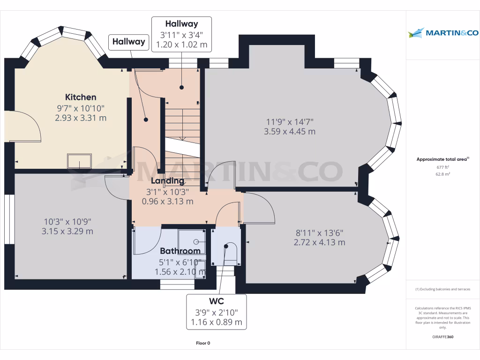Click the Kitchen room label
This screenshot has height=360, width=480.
pyautogui.click(x=81, y=97)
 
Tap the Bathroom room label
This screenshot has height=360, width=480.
pyautogui.click(x=180, y=251)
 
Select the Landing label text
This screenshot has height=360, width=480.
pyautogui.click(x=167, y=180)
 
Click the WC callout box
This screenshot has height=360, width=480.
pyautogui.click(x=216, y=312)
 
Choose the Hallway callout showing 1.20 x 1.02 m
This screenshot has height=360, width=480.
pyautogui.click(x=181, y=34)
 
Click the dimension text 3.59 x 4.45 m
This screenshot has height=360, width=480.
pyautogui.click(x=289, y=132)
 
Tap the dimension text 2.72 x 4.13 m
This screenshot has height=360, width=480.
pyautogui.click(x=319, y=242)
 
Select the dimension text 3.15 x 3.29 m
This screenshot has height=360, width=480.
pyautogui.click(x=67, y=231)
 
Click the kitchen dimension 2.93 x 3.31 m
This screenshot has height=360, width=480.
pyautogui.click(x=81, y=118)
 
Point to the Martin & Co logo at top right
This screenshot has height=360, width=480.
pyautogui.click(x=443, y=33)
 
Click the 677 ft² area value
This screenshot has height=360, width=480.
pyautogui.click(x=442, y=167)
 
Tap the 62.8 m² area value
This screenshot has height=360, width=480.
pyautogui.click(x=442, y=174)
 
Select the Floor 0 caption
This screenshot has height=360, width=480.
pyautogui.click(x=203, y=343)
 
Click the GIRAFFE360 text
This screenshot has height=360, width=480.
pyautogui.click(x=443, y=337)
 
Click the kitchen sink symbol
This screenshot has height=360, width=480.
pyautogui.click(x=79, y=161)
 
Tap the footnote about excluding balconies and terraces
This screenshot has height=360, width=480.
pyautogui.click(x=442, y=289)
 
